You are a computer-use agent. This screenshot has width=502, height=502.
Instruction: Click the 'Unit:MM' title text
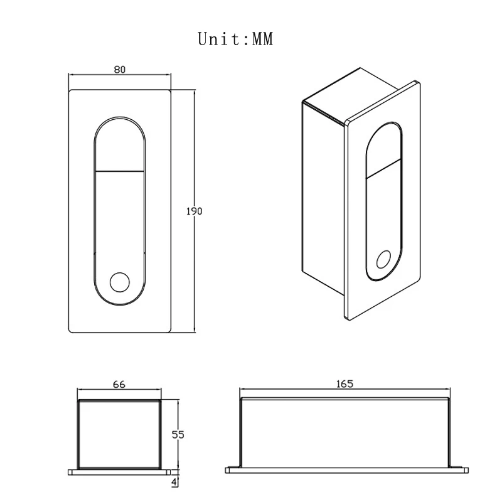(x=235, y=39)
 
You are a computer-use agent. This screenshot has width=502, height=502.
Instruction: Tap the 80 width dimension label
(x=120, y=70)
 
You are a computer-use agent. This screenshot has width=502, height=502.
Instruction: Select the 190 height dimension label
(x=194, y=211)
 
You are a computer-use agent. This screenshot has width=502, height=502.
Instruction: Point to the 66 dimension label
(x=119, y=384)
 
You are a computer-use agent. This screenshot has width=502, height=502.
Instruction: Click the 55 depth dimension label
(x=178, y=435)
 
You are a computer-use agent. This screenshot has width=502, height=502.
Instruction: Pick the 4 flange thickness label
(x=174, y=483)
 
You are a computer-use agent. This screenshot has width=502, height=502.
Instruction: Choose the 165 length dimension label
(x=344, y=383)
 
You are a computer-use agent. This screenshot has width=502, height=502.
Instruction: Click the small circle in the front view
(x=120, y=282)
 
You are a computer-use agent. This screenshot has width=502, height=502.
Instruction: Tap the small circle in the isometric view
(x=383, y=259)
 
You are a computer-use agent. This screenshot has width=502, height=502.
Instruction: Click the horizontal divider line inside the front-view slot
(x=120, y=171)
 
